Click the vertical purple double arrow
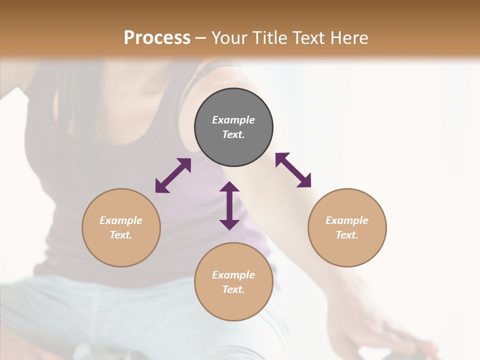coord(229,205)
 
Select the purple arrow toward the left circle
coord(173,175)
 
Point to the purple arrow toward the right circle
coord(293,170)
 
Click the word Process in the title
coord(157,38)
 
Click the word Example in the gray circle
coord(233,120)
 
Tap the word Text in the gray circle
coord(233,134)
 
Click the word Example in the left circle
coord(121,220)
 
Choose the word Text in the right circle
coord(347,235)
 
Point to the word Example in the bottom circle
coord(233,275)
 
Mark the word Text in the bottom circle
coord(233,289)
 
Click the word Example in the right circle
coord(347,220)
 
